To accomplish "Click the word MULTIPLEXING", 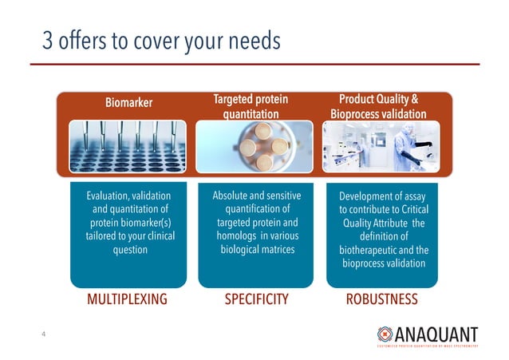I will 127,300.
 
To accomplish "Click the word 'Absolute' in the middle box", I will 231,196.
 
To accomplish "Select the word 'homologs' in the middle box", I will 230,236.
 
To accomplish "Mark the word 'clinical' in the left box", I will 156,236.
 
